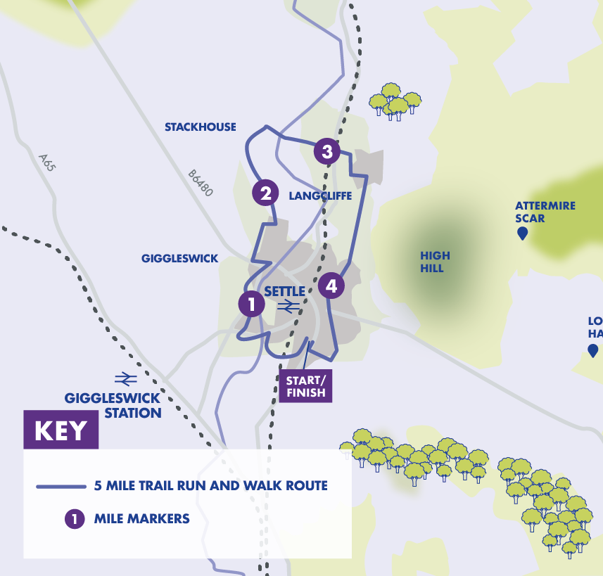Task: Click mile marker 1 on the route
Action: [250, 304]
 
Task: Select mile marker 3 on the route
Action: [326, 151]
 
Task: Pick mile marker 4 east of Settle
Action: [331, 285]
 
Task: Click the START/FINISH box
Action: [306, 386]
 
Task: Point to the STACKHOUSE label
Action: [200, 127]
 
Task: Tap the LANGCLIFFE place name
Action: [320, 196]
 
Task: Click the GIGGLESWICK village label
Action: [179, 259]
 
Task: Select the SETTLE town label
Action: [285, 291]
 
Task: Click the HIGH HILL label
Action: [435, 262]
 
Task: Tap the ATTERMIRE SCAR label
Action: [545, 212]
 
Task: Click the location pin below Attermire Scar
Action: [522, 233]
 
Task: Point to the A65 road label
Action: [47, 163]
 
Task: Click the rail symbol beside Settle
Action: [288, 306]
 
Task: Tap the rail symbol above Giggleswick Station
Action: [126, 379]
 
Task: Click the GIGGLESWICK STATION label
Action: [113, 406]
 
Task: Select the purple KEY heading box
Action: [61, 430]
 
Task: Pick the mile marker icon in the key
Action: [74, 519]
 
